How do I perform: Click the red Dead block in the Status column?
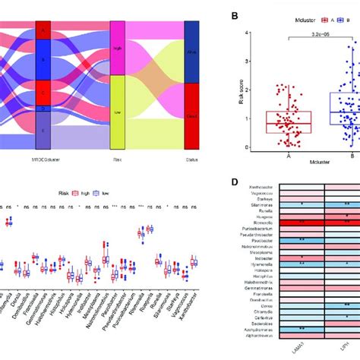coord(191,115)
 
